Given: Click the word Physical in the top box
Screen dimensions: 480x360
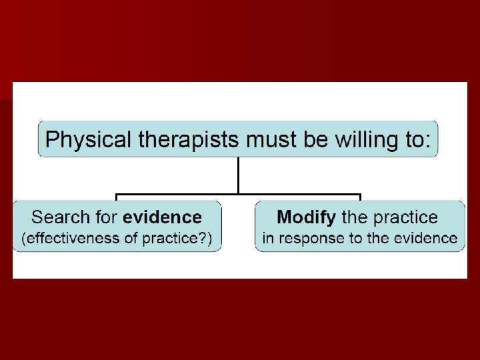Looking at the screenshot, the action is point(82,139).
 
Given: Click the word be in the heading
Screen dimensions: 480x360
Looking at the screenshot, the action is point(312,139).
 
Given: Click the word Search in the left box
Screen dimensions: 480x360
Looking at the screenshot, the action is point(59,217).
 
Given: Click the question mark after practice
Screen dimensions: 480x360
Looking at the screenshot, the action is point(203,238).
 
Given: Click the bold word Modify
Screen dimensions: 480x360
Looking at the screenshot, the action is point(306,217).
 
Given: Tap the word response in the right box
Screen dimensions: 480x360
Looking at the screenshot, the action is point(311,238).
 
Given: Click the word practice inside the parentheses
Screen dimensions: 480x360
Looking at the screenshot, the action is point(171,238).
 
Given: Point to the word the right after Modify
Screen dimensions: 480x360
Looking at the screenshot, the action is point(353,217).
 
